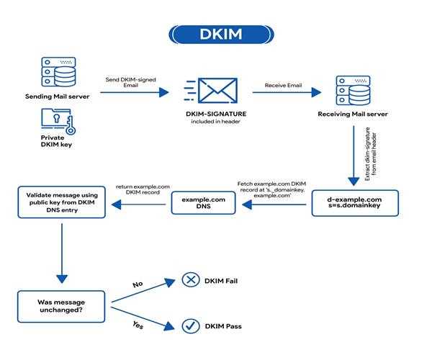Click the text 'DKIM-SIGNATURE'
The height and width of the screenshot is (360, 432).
click(x=216, y=114)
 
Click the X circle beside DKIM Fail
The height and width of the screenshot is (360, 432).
click(x=191, y=279)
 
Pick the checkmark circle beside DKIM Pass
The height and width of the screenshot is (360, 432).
click(x=191, y=326)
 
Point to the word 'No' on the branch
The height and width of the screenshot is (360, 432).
click(x=138, y=284)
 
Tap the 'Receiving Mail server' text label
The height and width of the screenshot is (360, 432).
click(x=353, y=114)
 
